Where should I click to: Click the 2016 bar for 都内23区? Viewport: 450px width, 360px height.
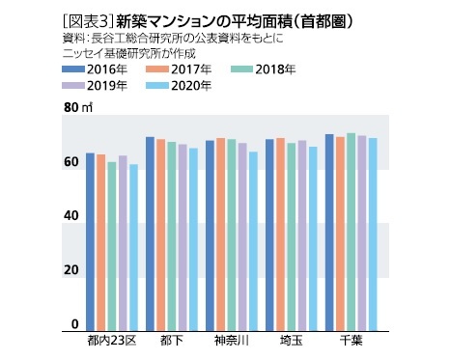[90, 241]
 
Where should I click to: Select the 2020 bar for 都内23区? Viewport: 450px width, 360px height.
[133, 247]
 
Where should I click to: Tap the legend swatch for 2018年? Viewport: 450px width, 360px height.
[250, 69]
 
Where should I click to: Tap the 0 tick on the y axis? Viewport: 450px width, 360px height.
[74, 324]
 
